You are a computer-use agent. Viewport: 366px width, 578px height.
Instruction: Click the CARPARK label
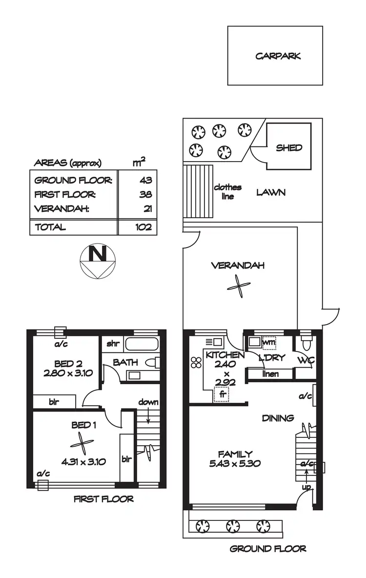click(278, 56)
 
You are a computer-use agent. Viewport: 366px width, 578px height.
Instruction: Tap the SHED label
click(289, 147)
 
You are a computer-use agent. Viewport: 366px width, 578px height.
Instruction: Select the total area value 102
click(143, 227)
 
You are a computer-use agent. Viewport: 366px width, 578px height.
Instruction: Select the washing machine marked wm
click(269, 342)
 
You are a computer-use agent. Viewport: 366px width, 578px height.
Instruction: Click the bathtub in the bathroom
click(141, 344)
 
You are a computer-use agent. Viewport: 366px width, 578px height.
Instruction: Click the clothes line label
click(227, 192)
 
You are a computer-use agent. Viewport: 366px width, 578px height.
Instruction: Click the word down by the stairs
click(148, 402)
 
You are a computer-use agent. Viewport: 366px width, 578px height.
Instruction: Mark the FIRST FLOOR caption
click(103, 499)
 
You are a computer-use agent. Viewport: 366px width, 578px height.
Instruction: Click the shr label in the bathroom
click(113, 343)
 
